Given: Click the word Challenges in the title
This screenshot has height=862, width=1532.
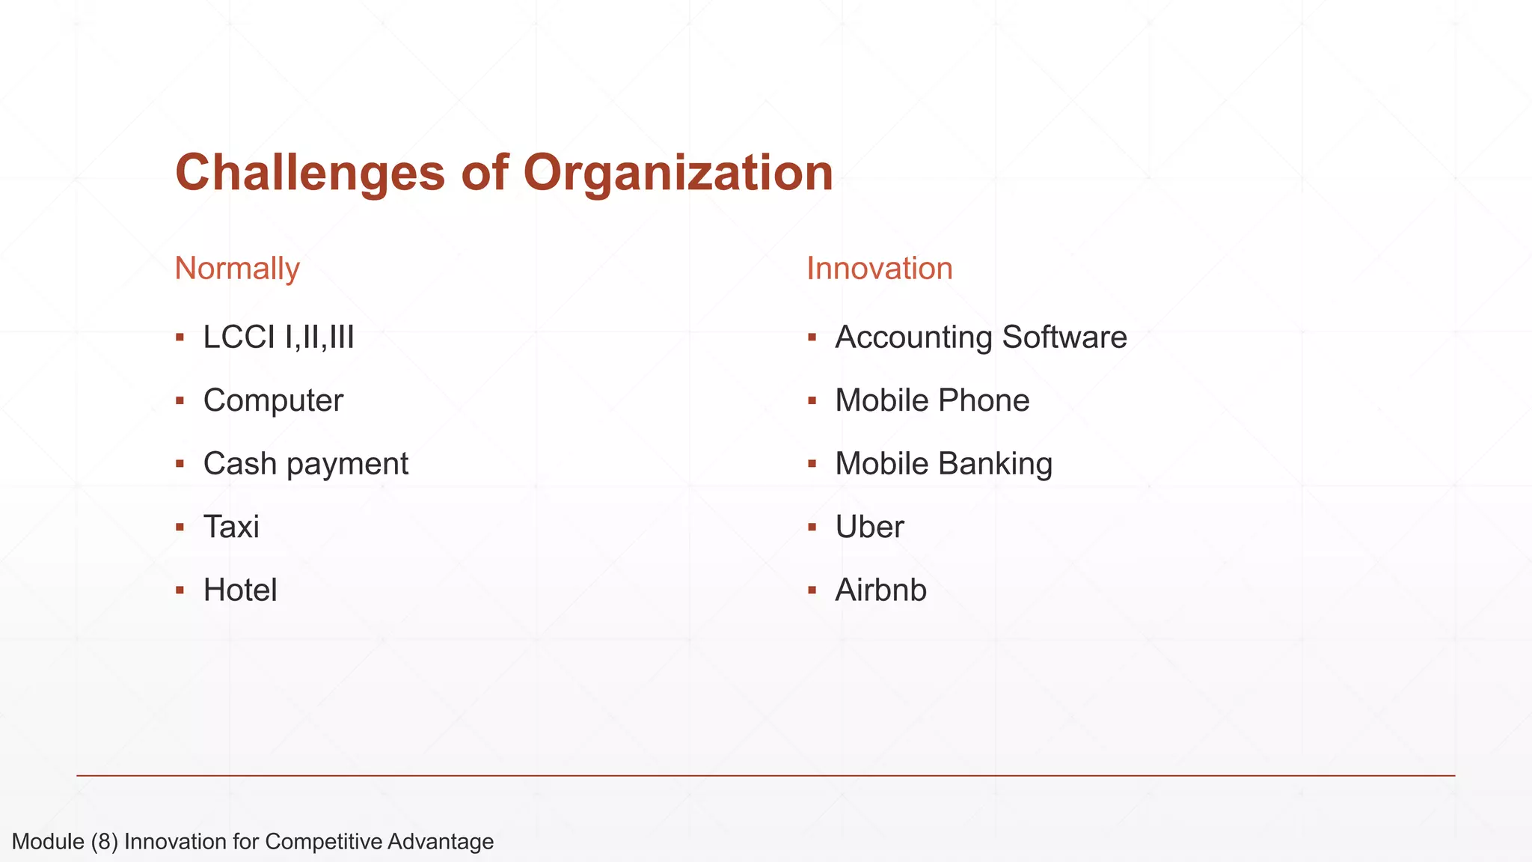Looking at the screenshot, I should pyautogui.click(x=310, y=174).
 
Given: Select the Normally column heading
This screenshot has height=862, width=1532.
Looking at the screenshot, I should pyautogui.click(x=236, y=269).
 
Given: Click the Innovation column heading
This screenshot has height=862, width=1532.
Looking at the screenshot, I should pyautogui.click(x=879, y=269).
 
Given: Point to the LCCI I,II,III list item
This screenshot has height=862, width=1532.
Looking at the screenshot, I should pyautogui.click(x=278, y=337).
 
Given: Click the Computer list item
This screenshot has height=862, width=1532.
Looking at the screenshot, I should pyautogui.click(x=273, y=400).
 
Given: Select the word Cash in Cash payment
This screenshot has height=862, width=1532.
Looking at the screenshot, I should pyautogui.click(x=239, y=464).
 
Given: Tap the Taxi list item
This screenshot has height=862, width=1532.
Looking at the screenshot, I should pyautogui.click(x=231, y=527).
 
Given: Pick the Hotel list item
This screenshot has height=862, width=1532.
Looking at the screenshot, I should pyautogui.click(x=240, y=590).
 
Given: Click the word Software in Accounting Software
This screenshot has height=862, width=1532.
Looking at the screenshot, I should pyautogui.click(x=1064, y=337).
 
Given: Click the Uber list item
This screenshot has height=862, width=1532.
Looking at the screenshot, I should pyautogui.click(x=869, y=527).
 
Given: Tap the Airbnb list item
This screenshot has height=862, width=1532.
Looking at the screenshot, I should pyautogui.click(x=880, y=590).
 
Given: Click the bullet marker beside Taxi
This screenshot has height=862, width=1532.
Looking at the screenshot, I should pyautogui.click(x=180, y=528).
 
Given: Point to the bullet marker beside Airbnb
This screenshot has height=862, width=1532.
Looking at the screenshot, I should pyautogui.click(x=812, y=591).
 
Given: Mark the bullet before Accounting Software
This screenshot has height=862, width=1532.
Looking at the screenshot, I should pyautogui.click(x=812, y=338).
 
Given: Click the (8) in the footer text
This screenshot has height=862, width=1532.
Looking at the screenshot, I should pyautogui.click(x=104, y=842).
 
